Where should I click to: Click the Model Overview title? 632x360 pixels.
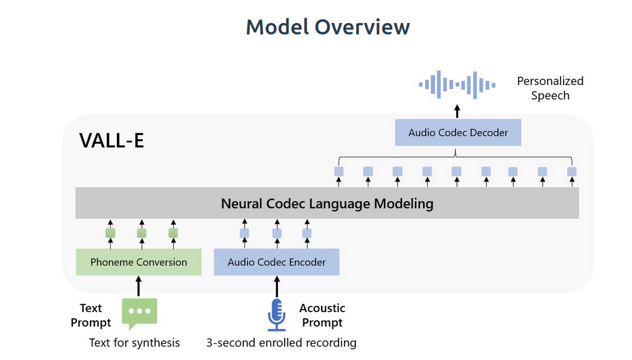[328, 28]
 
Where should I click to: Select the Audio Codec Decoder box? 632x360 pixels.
[458, 132]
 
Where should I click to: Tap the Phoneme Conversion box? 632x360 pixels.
[139, 262]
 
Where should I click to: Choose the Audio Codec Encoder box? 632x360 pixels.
[276, 262]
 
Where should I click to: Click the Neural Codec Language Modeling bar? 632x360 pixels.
[327, 203]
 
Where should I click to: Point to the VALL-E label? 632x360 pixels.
[112, 140]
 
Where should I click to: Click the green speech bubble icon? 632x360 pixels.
[139, 313]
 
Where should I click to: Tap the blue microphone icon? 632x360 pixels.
[276, 315]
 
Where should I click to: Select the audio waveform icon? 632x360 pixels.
[457, 84]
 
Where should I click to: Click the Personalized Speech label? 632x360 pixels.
[550, 88]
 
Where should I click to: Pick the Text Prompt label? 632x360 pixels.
[91, 315]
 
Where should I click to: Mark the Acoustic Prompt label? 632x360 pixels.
[322, 315]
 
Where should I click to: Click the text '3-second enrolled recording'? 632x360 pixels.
[281, 342]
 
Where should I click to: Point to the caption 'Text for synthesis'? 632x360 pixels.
[135, 342]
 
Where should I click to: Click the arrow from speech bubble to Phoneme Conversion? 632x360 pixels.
[139, 286]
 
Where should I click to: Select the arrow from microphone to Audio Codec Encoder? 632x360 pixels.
[276, 286]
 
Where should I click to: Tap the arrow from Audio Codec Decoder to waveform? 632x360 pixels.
[457, 111]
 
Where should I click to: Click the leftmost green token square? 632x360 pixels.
[110, 233]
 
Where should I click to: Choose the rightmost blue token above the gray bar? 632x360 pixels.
[572, 172]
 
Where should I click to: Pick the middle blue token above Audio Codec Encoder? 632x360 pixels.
[277, 233]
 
